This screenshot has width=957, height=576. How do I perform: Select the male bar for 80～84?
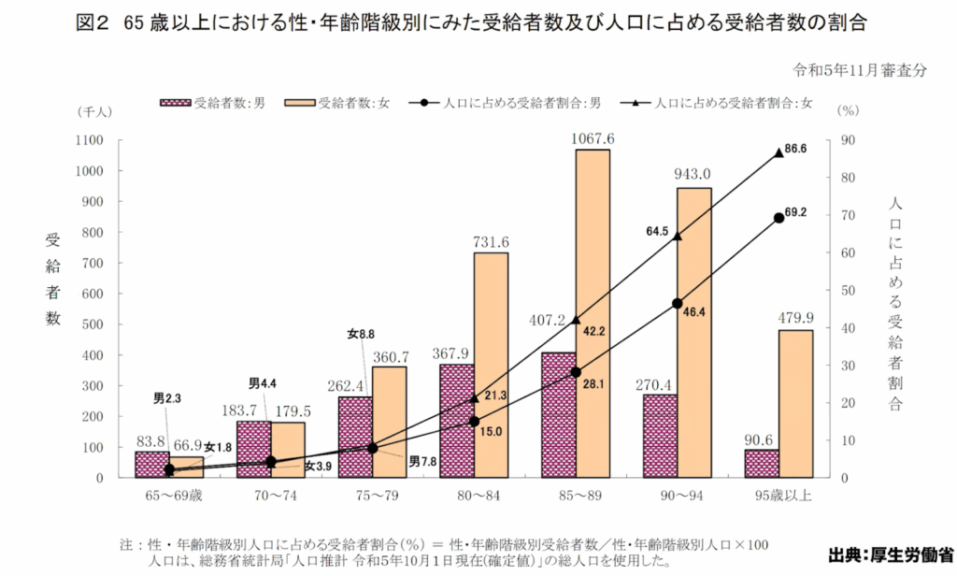coord(456,421)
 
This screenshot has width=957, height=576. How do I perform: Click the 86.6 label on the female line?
coord(797,149)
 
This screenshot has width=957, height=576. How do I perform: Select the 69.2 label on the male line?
coord(795,213)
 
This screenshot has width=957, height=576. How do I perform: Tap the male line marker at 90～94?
coord(678,303)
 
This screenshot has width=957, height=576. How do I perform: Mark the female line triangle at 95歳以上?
coord(779,152)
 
